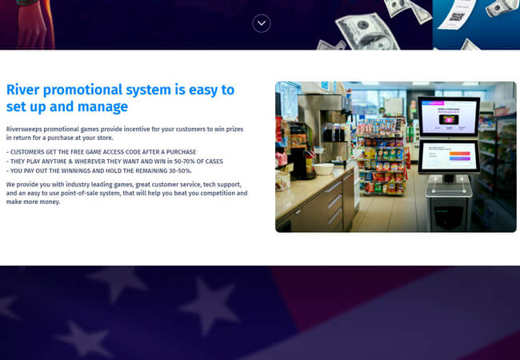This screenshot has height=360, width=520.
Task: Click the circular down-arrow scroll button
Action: pos(262,23)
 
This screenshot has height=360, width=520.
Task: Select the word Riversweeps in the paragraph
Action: pos(24,129)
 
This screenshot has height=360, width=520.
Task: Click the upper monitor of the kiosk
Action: pos(449,116)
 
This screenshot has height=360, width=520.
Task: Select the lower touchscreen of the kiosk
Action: pos(449,157)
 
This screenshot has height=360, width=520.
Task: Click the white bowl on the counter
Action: pos(323,169)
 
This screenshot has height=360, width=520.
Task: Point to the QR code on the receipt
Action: pos(457,16)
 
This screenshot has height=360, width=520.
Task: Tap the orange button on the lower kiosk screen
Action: pos(460,153)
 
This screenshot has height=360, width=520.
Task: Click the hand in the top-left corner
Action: pos(31,25)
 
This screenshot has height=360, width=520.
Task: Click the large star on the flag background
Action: pos(209,305)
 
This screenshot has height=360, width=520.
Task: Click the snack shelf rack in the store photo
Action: pos(382,156)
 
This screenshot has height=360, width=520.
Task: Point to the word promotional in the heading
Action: pos(83,90)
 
